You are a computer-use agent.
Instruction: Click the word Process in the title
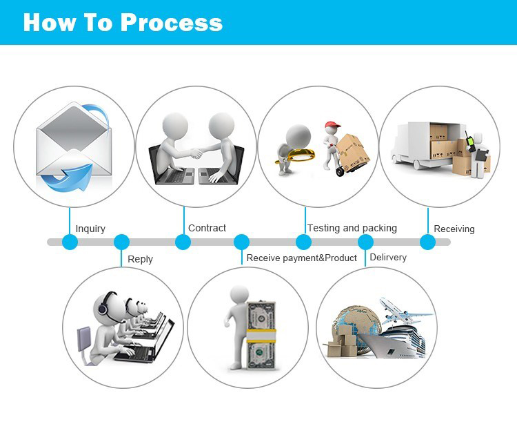172,22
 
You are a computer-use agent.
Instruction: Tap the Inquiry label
90,229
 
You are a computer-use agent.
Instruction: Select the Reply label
140,259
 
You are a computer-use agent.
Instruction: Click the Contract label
207,228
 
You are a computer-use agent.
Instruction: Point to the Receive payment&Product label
301,258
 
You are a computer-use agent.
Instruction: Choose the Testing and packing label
352,228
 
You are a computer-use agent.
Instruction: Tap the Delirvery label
388,258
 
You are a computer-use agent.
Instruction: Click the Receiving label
454,229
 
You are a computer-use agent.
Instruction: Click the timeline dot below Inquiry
70,242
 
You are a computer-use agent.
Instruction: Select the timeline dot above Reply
121,242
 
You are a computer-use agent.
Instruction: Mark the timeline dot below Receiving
427,242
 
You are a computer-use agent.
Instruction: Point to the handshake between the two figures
195,151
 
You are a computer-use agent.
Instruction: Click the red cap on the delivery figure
334,126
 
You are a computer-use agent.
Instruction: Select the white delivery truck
414,145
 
